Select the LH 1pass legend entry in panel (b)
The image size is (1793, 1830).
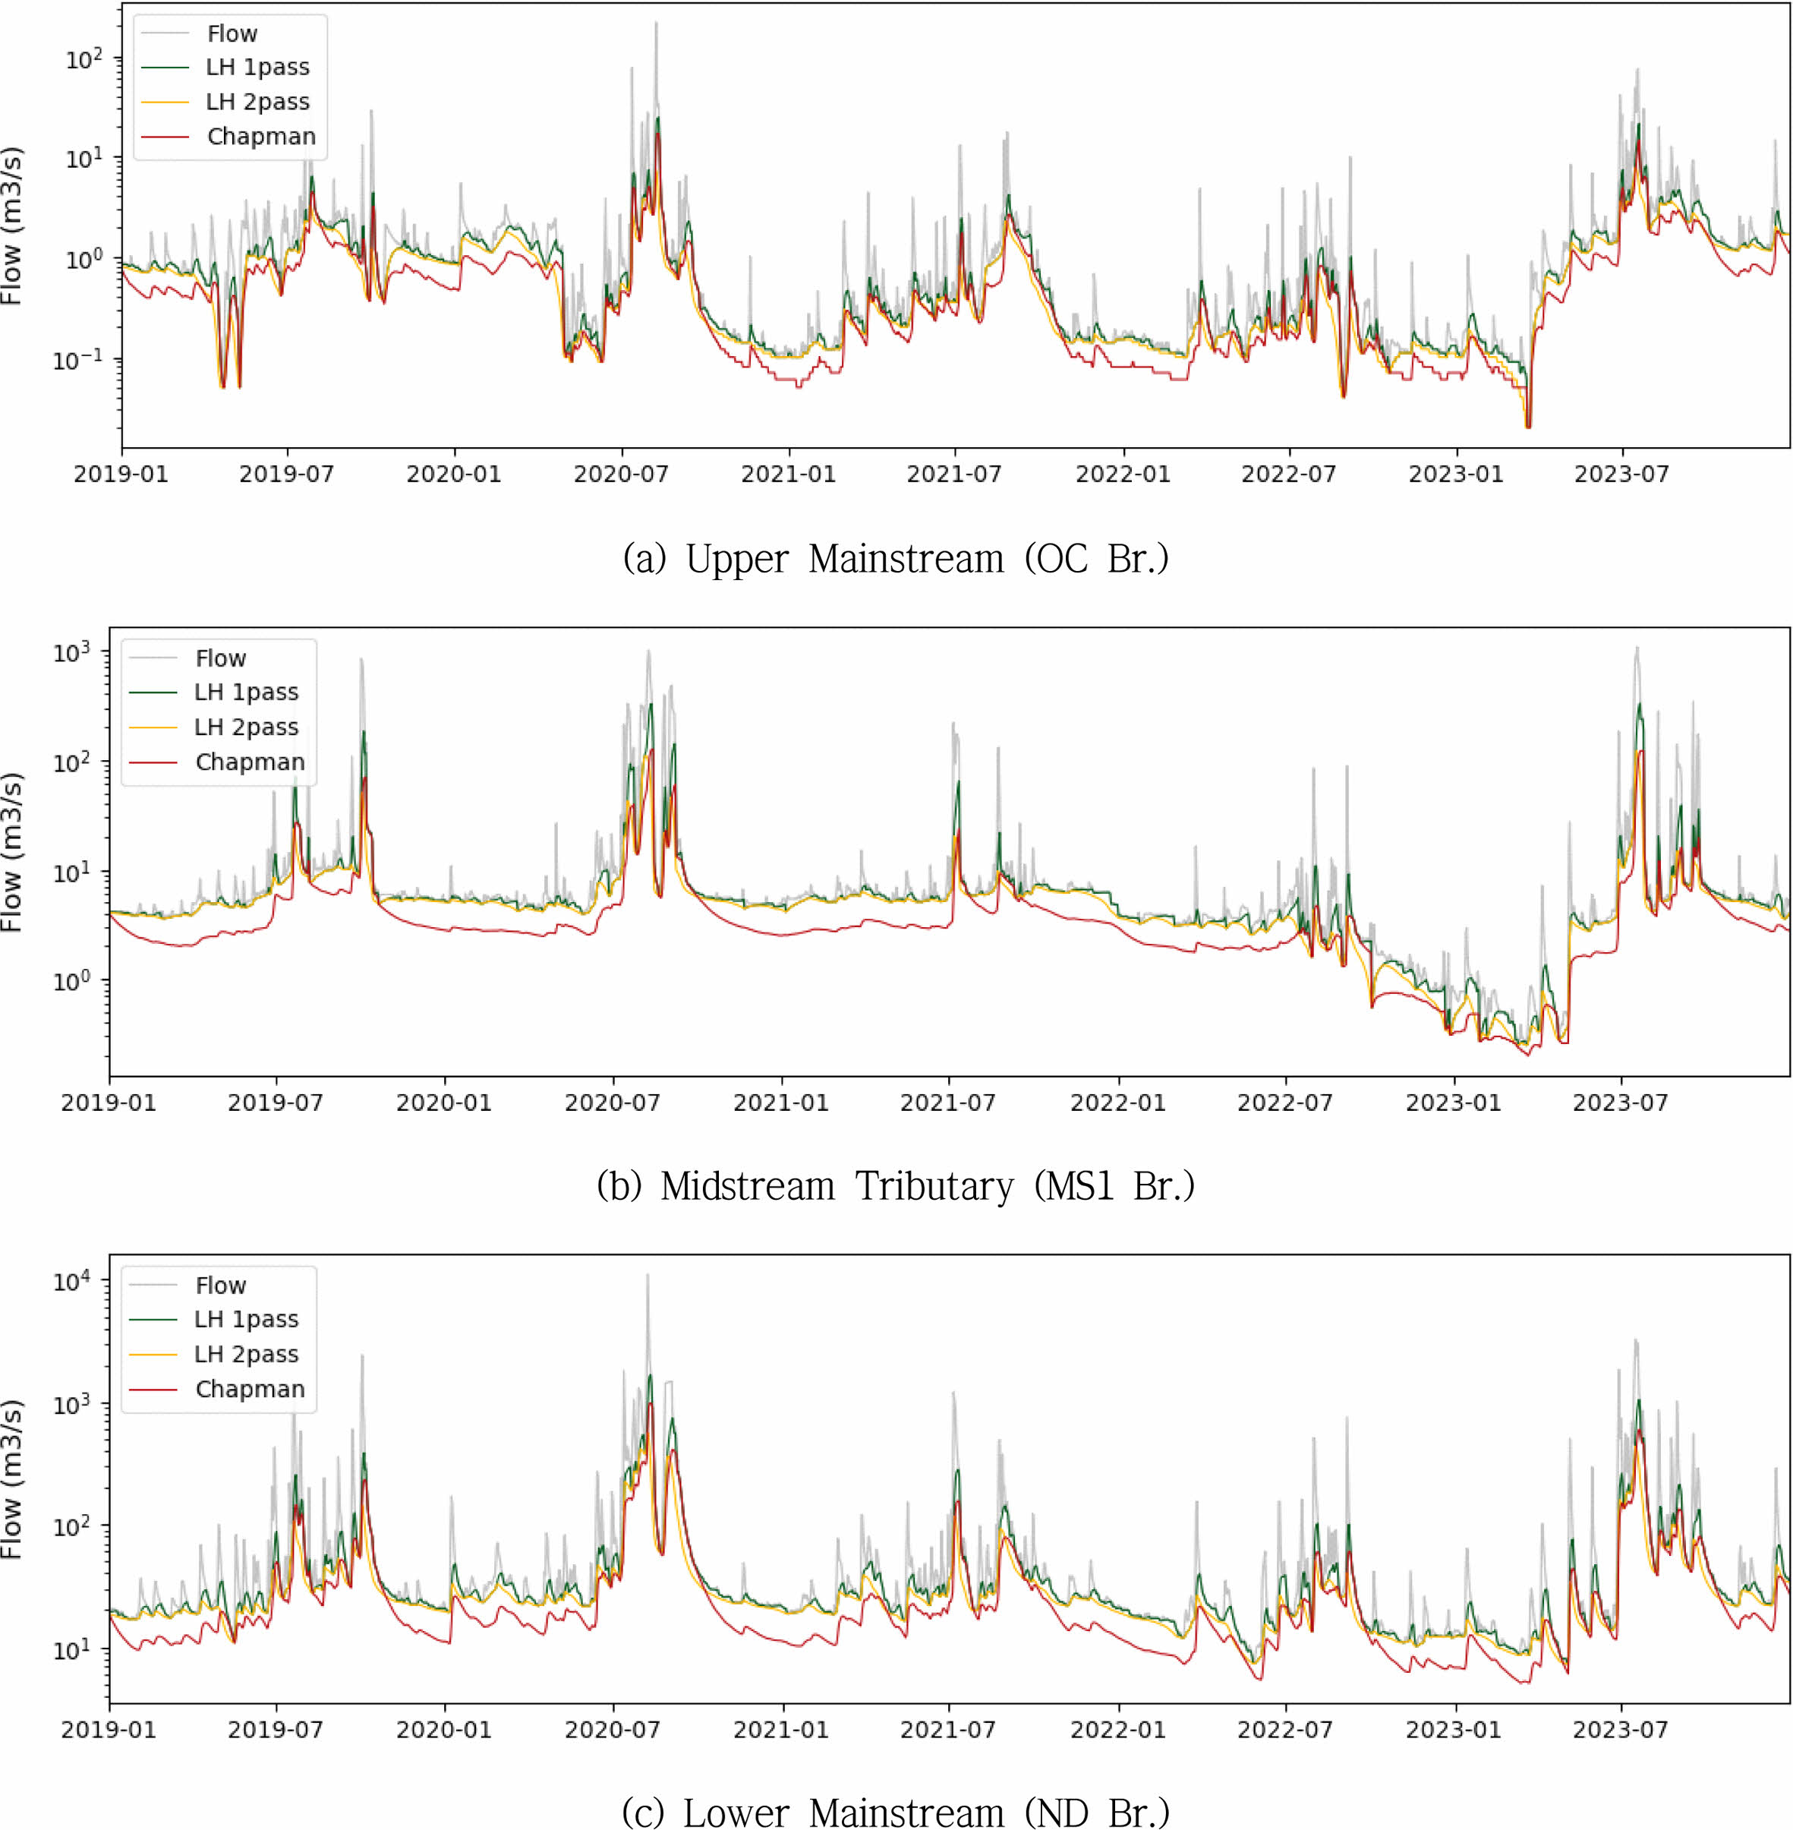pyautogui.click(x=246, y=693)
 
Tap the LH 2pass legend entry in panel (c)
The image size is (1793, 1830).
pyautogui.click(x=246, y=1355)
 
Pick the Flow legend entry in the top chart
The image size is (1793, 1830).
pyautogui.click(x=232, y=34)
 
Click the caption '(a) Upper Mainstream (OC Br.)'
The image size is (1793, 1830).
pyautogui.click(x=896, y=559)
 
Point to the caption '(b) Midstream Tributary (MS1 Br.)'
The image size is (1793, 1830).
pyautogui.click(x=896, y=1186)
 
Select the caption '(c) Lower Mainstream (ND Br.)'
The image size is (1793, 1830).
pyautogui.click(x=896, y=1811)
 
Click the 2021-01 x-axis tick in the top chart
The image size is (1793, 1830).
pyautogui.click(x=788, y=474)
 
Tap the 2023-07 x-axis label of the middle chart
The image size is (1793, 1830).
pyautogui.click(x=1620, y=1102)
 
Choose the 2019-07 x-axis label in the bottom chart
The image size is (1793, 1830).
pyautogui.click(x=275, y=1729)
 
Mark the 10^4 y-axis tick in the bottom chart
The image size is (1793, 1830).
pyautogui.click(x=71, y=1282)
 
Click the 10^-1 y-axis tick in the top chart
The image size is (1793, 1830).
pyautogui.click(x=77, y=359)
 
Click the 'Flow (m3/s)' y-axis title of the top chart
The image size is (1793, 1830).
pyautogui.click(x=11, y=226)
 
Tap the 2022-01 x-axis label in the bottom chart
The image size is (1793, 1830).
pyautogui.click(x=1118, y=1729)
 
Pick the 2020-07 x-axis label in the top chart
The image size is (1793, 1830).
pyautogui.click(x=621, y=474)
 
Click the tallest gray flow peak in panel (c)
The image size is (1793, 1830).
pyautogui.click(x=647, y=1276)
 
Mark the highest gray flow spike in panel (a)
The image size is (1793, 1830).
pyautogui.click(x=657, y=24)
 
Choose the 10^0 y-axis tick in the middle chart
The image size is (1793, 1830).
pyautogui.click(x=71, y=980)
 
